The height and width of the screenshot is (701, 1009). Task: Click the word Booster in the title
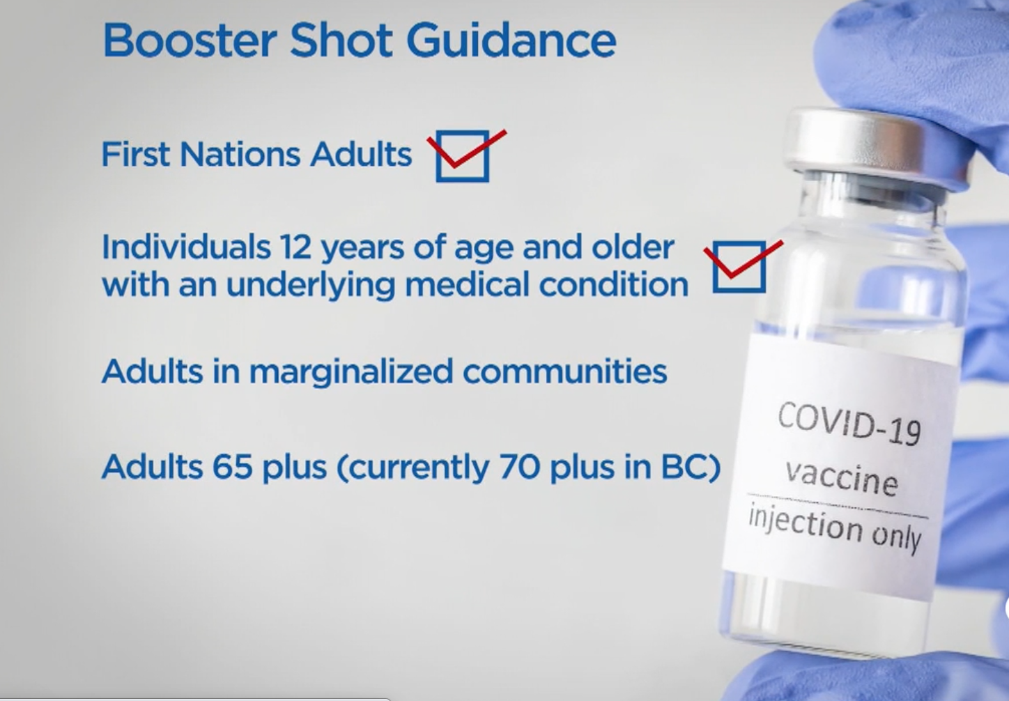pos(190,40)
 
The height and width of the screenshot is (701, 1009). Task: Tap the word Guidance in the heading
pos(511,40)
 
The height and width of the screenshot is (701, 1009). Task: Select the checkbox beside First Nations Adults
pos(463,156)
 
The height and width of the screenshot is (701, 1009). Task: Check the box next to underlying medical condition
pos(739,267)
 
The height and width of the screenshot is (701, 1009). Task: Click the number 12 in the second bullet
pos(295,247)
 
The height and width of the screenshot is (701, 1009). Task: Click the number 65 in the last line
pos(232,466)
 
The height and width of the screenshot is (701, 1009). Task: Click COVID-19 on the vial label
pos(849,424)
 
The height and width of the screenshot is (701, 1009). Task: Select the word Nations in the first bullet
pos(240,155)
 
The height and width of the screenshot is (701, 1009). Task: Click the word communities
pos(565,371)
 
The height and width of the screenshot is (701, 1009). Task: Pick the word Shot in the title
pos(341,40)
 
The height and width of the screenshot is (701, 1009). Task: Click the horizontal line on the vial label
pos(838,505)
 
